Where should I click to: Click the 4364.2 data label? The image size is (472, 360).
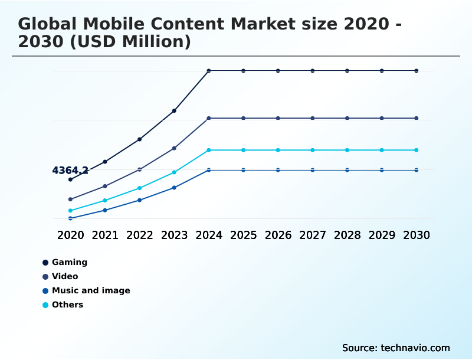tap(70, 171)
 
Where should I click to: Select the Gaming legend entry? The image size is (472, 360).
tap(69, 262)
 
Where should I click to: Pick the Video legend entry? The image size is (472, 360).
tap(65, 276)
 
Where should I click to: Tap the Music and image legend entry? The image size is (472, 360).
tap(90, 290)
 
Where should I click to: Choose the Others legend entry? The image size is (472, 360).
tap(67, 305)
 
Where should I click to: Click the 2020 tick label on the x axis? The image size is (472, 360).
tap(71, 235)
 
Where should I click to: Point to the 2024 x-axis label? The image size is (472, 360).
tap(209, 235)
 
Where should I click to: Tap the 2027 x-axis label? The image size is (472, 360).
tap(313, 235)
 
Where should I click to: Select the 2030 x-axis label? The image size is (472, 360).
tap(417, 235)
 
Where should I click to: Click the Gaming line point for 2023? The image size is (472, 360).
tap(174, 110)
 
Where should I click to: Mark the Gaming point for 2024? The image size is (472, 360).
tap(209, 71)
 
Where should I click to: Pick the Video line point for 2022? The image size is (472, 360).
tap(139, 169)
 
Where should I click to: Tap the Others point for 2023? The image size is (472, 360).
tap(174, 172)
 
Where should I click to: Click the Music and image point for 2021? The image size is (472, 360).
tap(105, 210)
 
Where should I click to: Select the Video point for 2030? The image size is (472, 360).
tap(417, 118)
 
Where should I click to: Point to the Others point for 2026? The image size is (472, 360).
tap(278, 150)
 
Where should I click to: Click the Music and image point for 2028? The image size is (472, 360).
tap(347, 170)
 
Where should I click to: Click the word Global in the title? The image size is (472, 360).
tap(45, 24)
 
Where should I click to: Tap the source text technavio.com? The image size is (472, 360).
tap(415, 348)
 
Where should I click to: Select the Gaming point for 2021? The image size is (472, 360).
tap(105, 161)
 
